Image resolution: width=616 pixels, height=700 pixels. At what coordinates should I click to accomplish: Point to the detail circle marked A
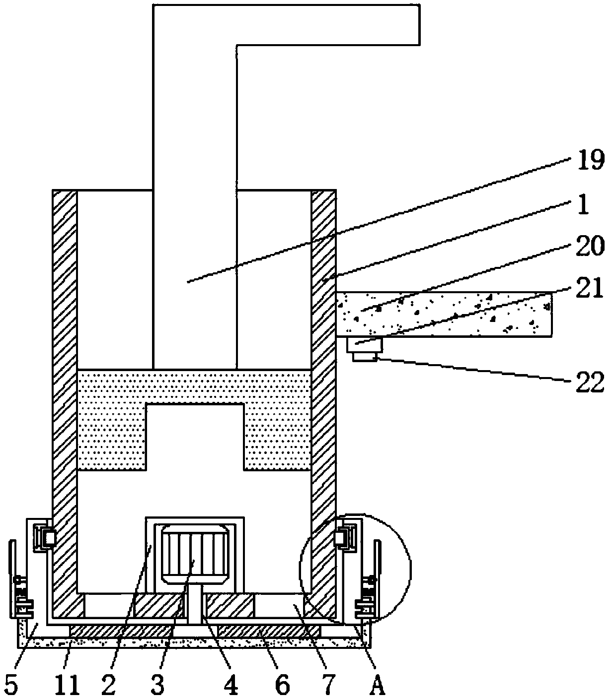pos(355,568)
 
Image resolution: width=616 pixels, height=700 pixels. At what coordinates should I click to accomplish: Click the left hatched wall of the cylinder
pos(65,397)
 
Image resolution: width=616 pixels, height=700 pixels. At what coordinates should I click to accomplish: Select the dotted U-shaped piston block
pos(194,387)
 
